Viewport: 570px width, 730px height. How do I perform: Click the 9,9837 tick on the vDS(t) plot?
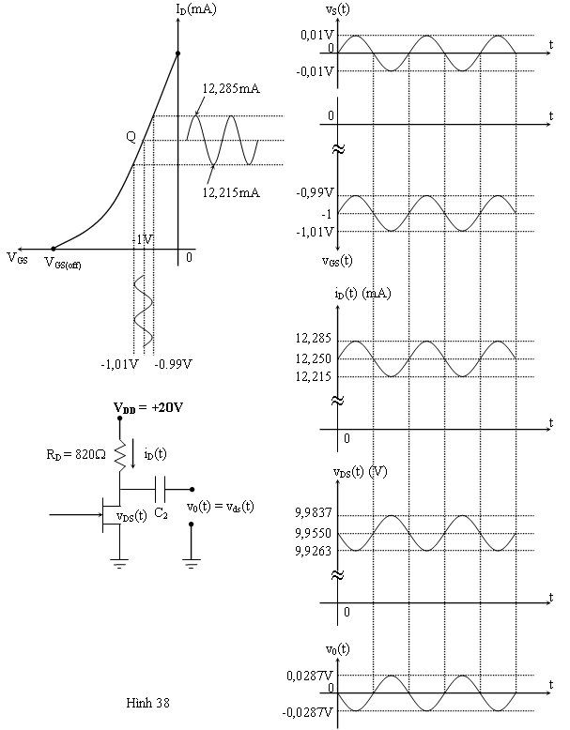coord(313,514)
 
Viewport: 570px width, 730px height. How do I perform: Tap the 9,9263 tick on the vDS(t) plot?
coord(313,551)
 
